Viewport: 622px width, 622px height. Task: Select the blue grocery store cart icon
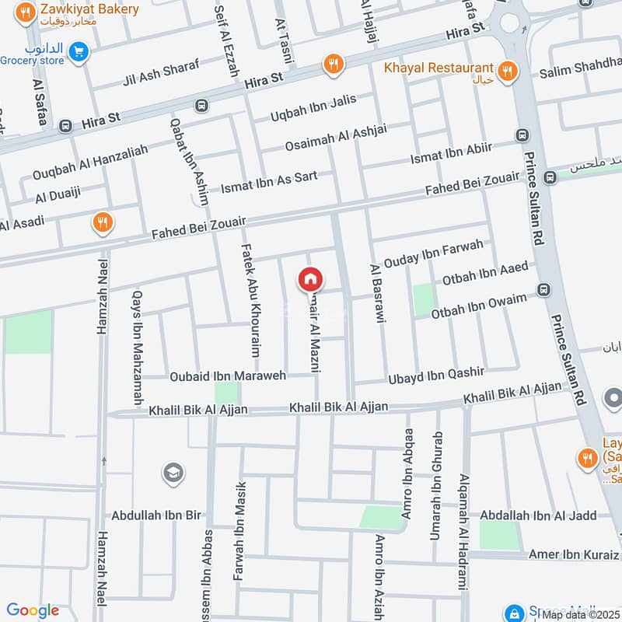tap(77, 52)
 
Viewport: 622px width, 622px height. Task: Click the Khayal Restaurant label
tap(439, 68)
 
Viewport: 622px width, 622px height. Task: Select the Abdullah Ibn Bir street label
tap(156, 515)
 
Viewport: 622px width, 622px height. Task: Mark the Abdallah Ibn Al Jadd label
tap(538, 515)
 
